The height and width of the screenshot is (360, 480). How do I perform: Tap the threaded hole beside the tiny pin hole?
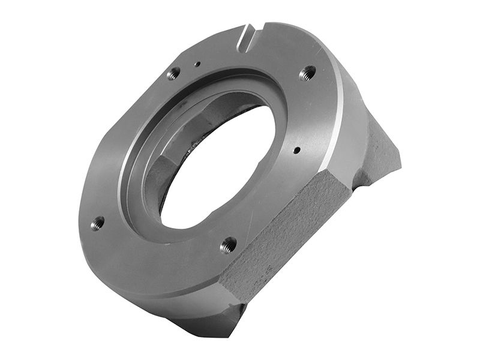pyautogui.click(x=173, y=74)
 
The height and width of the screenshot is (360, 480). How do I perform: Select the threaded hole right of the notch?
pyautogui.click(x=307, y=73)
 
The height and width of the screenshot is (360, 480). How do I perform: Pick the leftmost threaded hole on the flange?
pyautogui.click(x=97, y=223)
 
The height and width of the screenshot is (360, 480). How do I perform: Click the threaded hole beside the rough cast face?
pyautogui.click(x=228, y=244)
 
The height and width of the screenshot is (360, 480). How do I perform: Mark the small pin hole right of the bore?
pyautogui.click(x=296, y=151)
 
